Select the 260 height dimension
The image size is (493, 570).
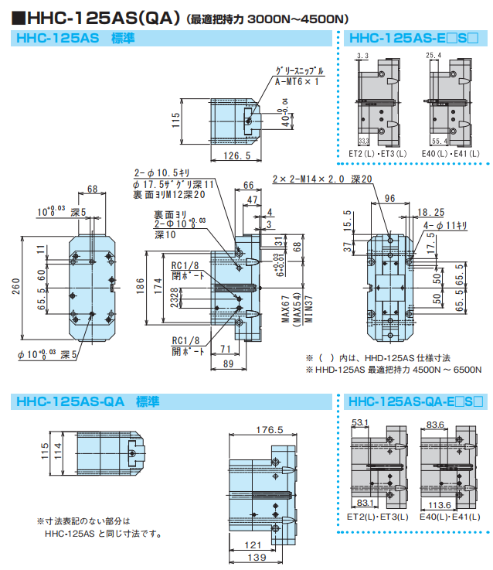(15, 288)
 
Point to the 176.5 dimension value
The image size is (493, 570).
(269, 430)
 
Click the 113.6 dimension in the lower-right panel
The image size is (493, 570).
(441, 505)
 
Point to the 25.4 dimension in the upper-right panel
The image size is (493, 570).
(433, 55)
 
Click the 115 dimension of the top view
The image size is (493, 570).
(175, 119)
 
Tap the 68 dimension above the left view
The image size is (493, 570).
(93, 189)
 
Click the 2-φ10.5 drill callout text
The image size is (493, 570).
(161, 173)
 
